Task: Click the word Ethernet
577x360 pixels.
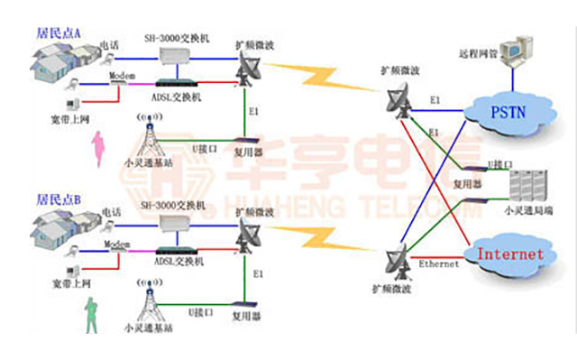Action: (x=439, y=263)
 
